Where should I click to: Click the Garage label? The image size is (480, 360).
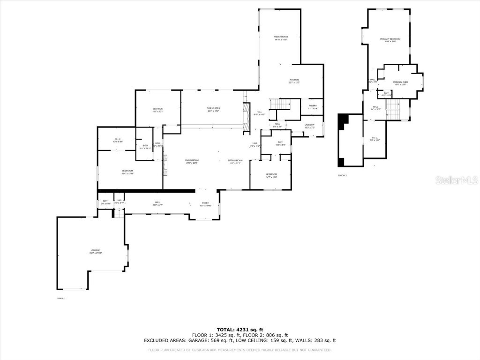[x=96, y=251]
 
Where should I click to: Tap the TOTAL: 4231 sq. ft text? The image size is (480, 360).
[x=240, y=329]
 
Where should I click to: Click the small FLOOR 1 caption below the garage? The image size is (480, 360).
[x=61, y=298]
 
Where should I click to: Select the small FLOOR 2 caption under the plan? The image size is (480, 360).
[x=342, y=175]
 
